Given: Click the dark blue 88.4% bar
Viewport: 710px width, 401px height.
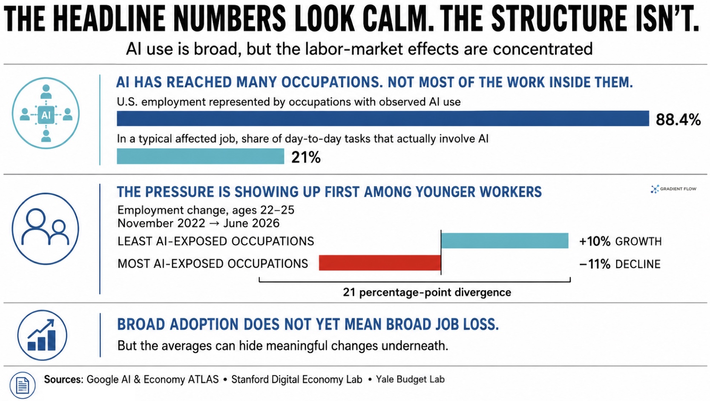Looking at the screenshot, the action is tap(383, 118).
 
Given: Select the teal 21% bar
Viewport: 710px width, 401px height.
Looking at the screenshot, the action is tap(200, 156).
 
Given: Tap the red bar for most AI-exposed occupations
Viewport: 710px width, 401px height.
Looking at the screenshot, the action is tap(380, 263).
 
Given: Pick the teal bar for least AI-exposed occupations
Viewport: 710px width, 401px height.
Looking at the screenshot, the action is tap(505, 240).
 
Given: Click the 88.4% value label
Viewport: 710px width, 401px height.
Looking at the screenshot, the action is tap(678, 120).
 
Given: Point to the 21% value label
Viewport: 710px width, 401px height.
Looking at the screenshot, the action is tap(306, 157).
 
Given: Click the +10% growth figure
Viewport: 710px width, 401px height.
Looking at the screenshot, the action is tap(595, 242).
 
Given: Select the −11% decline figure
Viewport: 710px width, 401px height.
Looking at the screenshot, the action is tap(595, 264).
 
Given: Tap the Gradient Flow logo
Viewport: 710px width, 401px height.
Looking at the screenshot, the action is tap(673, 189).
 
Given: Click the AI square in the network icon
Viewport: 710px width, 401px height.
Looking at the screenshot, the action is tap(46, 115).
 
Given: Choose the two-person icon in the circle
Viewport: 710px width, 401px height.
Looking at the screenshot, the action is tap(45, 229).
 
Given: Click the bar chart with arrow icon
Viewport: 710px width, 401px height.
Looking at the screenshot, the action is tap(42, 335).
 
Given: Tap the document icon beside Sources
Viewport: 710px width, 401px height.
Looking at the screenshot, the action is tap(23, 386).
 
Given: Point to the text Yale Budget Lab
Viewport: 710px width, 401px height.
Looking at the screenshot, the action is tap(410, 379).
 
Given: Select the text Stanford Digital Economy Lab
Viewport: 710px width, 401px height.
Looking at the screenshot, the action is tap(297, 379).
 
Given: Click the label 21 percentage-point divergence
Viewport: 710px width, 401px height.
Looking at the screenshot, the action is tap(427, 292).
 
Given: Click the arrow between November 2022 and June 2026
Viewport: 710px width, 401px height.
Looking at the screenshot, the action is tap(214, 223).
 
